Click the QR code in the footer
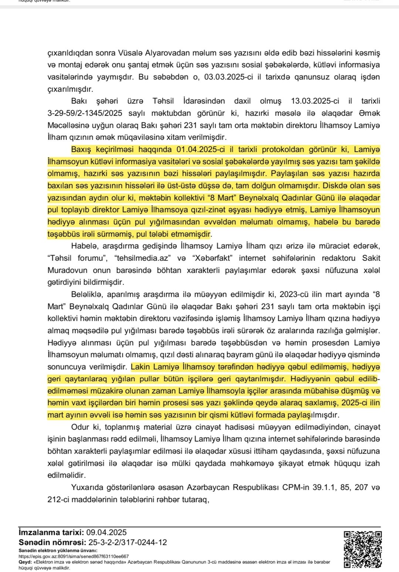pyautogui.click(x=362, y=549)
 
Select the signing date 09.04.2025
pyautogui.click(x=106, y=532)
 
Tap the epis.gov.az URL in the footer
pyautogui.click(x=74, y=556)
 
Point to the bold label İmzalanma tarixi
pyautogui.click(x=51, y=532)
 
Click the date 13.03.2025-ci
pyautogui.click(x=315, y=101)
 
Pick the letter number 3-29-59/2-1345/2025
pyautogui.click(x=85, y=113)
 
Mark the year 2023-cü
pyautogui.click(x=293, y=294)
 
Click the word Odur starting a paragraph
pyautogui.click(x=80, y=427)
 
